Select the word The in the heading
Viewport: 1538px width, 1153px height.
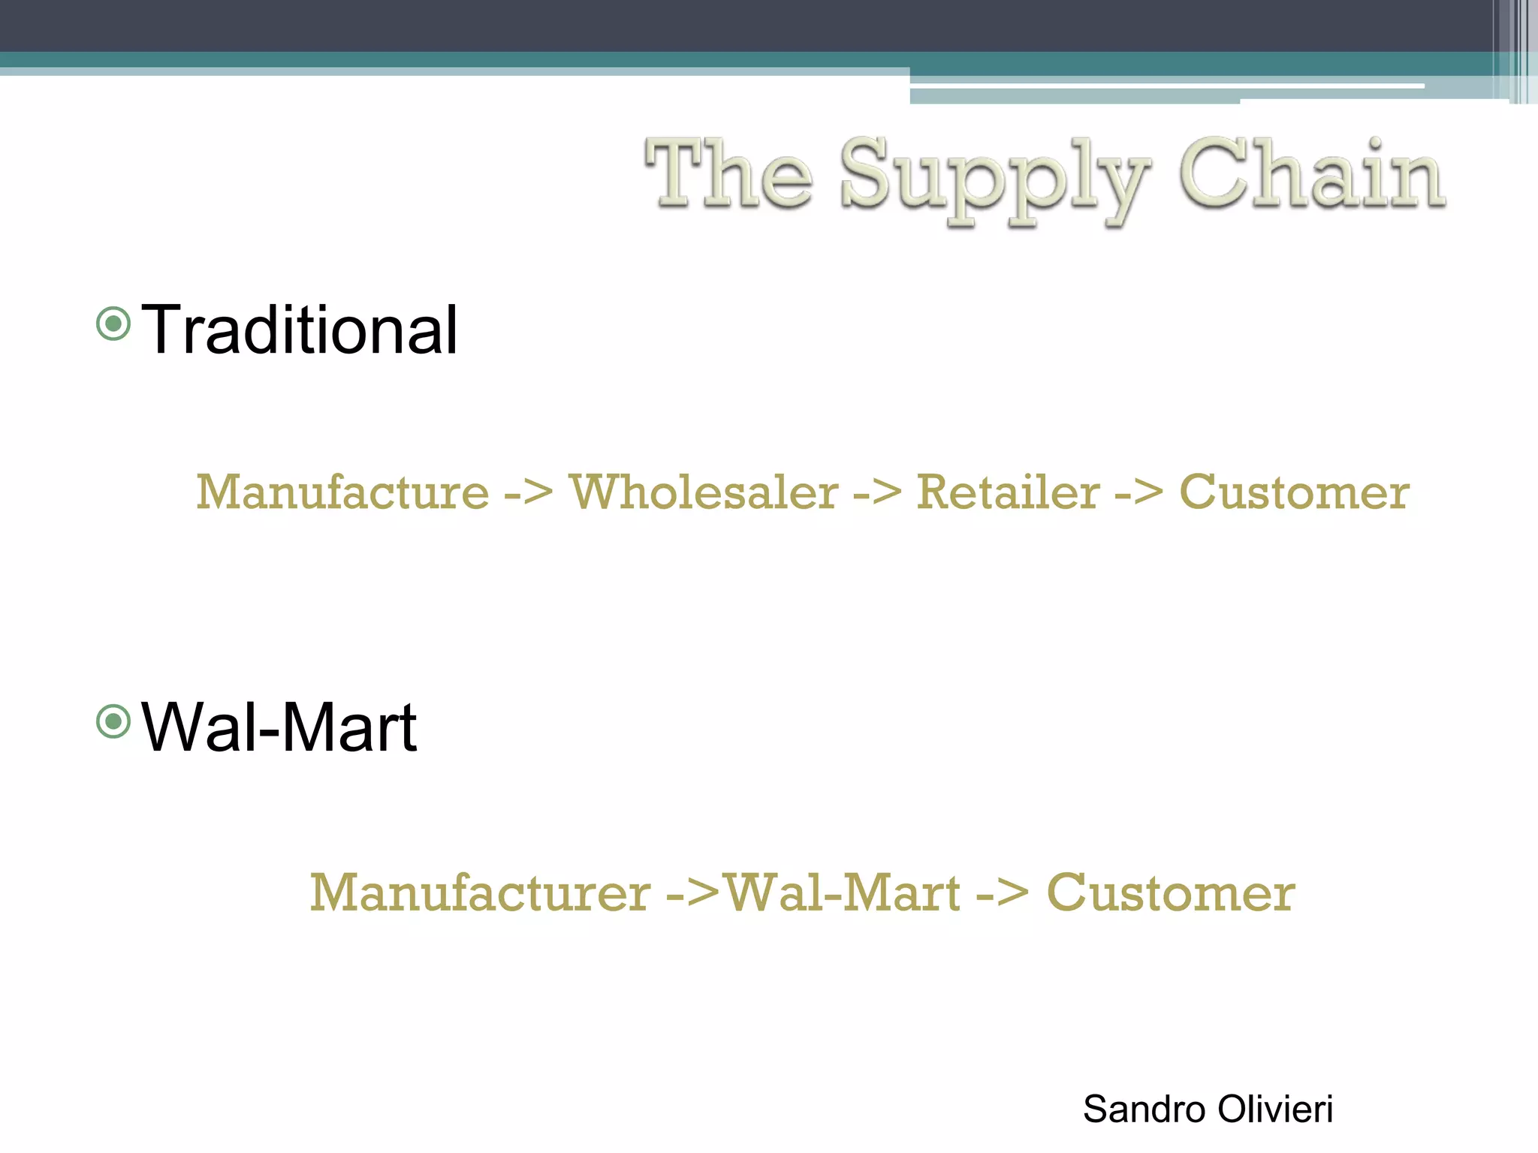click(728, 174)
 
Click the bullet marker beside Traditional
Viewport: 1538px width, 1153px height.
click(114, 324)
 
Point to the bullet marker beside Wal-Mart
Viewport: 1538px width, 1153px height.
click(114, 722)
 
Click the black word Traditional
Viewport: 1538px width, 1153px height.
click(300, 330)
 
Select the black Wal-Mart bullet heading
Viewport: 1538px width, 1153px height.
click(279, 727)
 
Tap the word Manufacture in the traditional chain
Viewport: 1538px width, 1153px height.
click(342, 493)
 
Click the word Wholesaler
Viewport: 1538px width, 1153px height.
click(704, 493)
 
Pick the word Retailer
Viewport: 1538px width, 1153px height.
click(1008, 493)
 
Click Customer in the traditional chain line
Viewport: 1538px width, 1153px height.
click(1294, 493)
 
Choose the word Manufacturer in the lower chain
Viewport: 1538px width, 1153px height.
click(481, 893)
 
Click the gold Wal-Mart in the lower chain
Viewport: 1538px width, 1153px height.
click(843, 893)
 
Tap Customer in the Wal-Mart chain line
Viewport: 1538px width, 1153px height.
click(1170, 893)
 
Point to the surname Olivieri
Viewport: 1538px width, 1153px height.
click(1275, 1109)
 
